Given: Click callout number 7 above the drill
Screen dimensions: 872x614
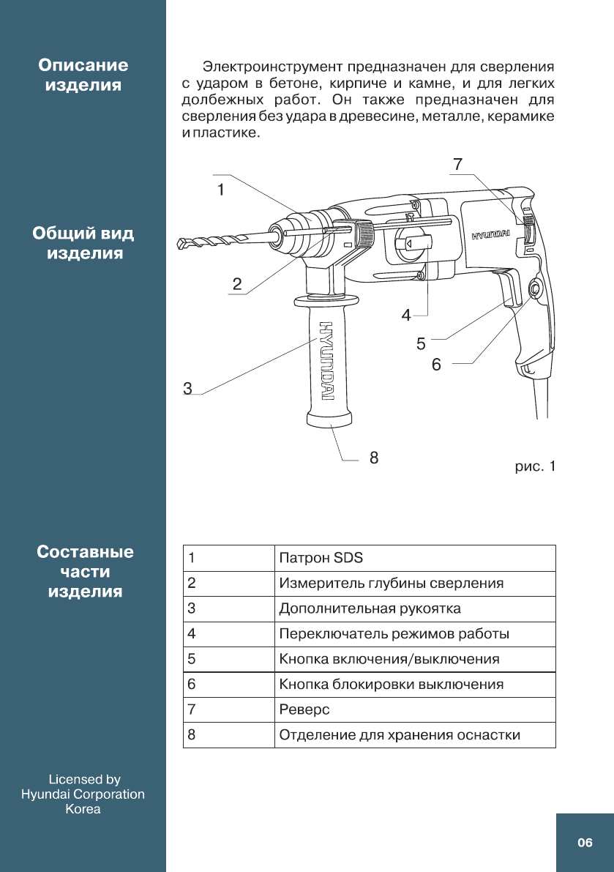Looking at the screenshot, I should click(x=457, y=165).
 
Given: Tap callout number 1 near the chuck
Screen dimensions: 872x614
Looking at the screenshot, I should click(x=220, y=189).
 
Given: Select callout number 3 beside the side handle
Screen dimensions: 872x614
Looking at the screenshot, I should click(x=188, y=389).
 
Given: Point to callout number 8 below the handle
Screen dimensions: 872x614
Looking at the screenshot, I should click(x=374, y=458).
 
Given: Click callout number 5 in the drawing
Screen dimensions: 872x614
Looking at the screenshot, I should click(x=421, y=342).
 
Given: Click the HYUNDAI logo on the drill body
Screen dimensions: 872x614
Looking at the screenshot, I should click(x=490, y=236).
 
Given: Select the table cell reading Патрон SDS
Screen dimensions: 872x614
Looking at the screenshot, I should click(x=321, y=558).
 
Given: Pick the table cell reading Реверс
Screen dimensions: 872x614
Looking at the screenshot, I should click(x=304, y=709).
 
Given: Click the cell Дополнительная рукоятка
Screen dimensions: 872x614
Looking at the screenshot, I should click(x=370, y=608).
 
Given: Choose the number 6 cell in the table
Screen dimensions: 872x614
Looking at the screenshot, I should click(x=192, y=685).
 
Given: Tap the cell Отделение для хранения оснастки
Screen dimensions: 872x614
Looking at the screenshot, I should click(x=400, y=735).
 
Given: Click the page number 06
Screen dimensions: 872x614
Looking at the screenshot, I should click(x=585, y=843).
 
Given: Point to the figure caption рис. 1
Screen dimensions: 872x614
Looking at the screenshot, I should click(x=535, y=466).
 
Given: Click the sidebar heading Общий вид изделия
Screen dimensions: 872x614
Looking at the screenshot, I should click(x=83, y=244).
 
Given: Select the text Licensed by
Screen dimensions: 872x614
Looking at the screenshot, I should click(x=84, y=779).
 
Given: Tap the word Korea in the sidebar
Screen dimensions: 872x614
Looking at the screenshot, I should click(x=83, y=809).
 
